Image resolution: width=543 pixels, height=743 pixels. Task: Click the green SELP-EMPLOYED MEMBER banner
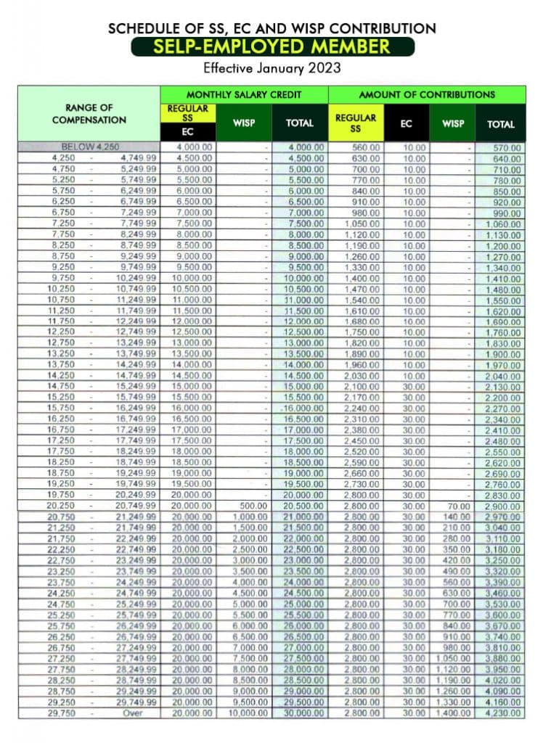click(271, 47)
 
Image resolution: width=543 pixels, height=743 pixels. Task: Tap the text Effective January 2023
click(271, 70)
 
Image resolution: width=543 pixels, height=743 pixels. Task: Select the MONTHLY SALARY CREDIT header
click(244, 94)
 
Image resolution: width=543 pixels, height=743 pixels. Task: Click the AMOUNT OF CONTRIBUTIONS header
click(427, 94)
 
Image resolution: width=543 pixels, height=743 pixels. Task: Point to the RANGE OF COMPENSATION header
click(89, 114)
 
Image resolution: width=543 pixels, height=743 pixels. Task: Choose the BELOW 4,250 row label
click(90, 147)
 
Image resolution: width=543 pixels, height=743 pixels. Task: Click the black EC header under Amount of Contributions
click(407, 124)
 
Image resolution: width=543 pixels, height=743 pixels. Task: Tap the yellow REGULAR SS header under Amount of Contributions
click(356, 123)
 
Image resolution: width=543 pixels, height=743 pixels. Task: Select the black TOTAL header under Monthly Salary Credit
click(300, 123)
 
